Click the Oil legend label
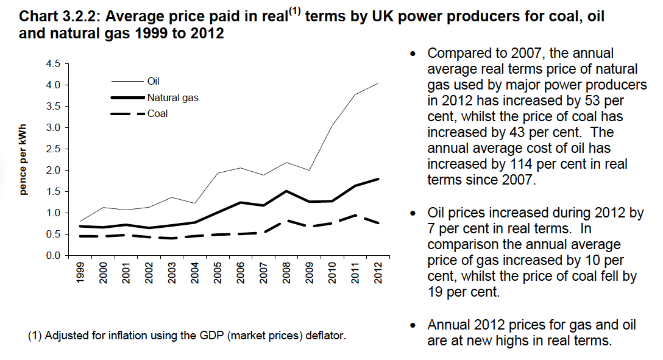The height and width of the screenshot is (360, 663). point(153,81)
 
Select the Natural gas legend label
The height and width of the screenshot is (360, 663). point(172,97)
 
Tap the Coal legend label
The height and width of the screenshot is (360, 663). point(157,113)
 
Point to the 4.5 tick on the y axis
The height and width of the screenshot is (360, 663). point(54,63)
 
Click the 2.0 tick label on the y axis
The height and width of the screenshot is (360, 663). point(54,170)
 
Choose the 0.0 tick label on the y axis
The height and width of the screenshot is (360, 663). point(54,255)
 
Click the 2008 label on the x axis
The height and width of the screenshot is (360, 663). point(286,274)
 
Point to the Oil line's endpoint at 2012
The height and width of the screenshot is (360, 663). point(377,83)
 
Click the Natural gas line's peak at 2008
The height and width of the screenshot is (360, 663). point(286,191)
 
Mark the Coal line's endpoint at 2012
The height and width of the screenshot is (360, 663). point(377,224)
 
